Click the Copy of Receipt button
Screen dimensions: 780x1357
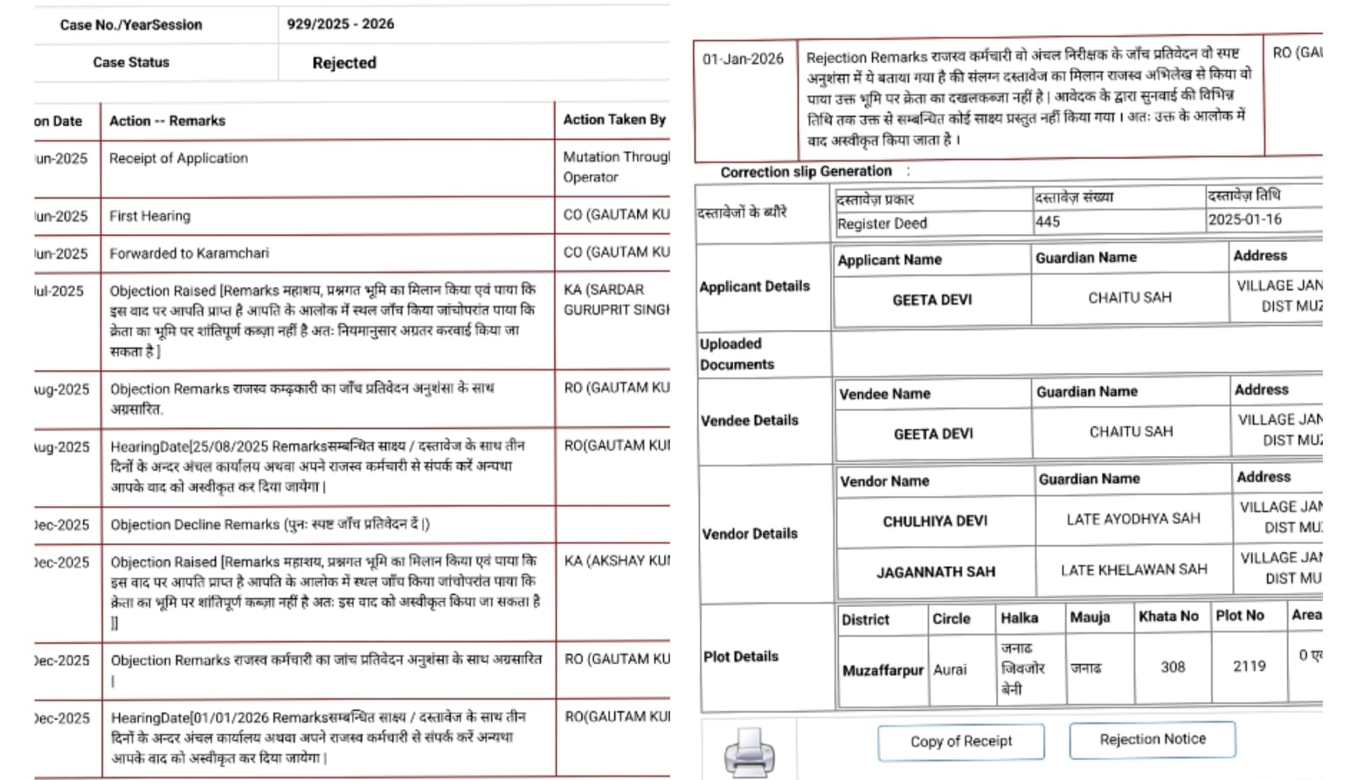960,742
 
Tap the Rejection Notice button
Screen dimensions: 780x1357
1152,739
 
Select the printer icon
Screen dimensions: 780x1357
749,750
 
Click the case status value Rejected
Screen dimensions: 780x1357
344,63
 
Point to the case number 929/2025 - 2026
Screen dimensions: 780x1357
340,24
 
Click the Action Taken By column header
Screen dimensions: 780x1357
613,120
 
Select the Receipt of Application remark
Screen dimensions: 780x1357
178,158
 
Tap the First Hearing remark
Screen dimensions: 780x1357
149,216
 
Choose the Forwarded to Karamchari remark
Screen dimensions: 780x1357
189,253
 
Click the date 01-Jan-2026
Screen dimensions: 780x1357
743,59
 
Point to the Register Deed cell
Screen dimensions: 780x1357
882,224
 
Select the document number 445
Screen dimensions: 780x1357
1048,222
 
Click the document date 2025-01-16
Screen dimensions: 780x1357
1244,219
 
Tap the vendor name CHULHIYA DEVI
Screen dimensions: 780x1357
934,521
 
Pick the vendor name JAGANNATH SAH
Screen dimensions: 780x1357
935,572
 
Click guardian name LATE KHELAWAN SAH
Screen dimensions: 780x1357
1133,569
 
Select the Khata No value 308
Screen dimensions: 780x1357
1172,666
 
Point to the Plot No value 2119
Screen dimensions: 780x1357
1249,666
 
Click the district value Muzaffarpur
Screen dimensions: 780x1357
882,670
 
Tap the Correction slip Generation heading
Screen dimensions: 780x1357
806,172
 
